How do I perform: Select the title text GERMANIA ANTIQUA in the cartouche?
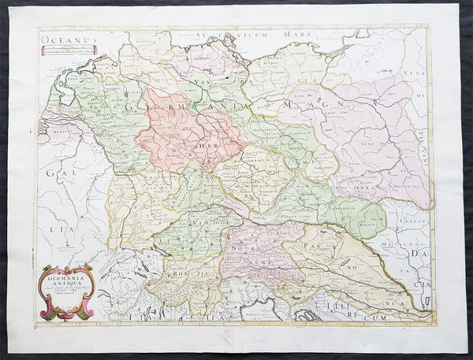coord(66,282)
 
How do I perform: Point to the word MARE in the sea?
coord(272,35)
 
